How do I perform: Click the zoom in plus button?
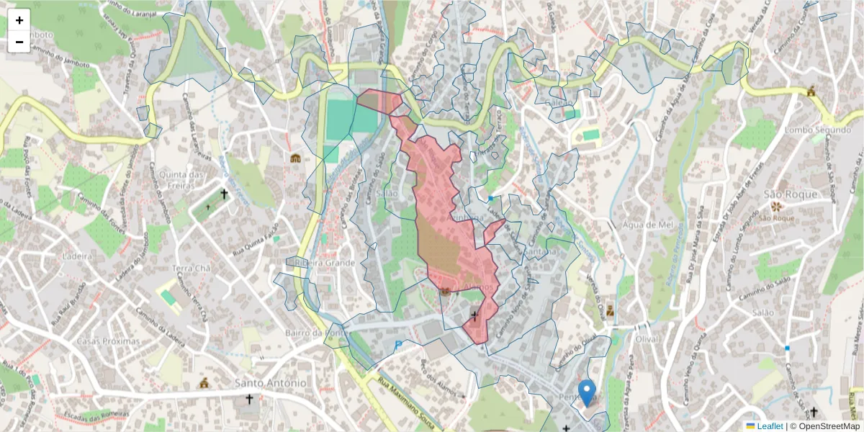point(19,20)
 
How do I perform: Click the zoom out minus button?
point(19,42)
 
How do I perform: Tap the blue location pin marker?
point(588,393)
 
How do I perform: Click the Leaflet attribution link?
point(769,426)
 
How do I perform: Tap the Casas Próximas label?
point(108,341)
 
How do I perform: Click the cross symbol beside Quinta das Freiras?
point(224,194)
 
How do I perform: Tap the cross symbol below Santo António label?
point(250,399)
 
